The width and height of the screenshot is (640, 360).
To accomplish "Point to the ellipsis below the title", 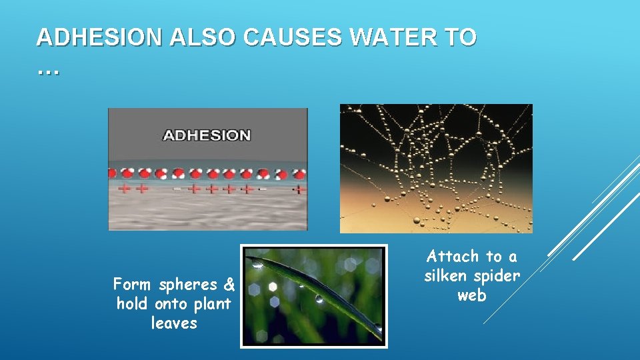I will click(x=48, y=69).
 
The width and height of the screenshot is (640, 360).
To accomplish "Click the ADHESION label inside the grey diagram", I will click(x=207, y=135).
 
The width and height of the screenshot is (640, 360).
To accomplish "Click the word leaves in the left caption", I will click(x=174, y=323).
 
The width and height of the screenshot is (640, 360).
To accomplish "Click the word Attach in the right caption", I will click(x=453, y=257).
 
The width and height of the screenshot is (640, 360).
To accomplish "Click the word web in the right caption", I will click(x=471, y=295).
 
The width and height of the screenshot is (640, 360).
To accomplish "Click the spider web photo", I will click(x=436, y=168).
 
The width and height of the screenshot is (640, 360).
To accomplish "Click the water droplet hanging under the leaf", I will click(x=319, y=299).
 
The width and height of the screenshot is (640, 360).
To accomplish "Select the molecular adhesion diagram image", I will click(x=207, y=169).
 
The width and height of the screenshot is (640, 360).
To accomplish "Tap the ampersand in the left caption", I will click(x=229, y=285).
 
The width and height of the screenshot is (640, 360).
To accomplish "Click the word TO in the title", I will click(x=463, y=38).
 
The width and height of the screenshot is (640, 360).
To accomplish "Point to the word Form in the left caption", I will click(x=131, y=285).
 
